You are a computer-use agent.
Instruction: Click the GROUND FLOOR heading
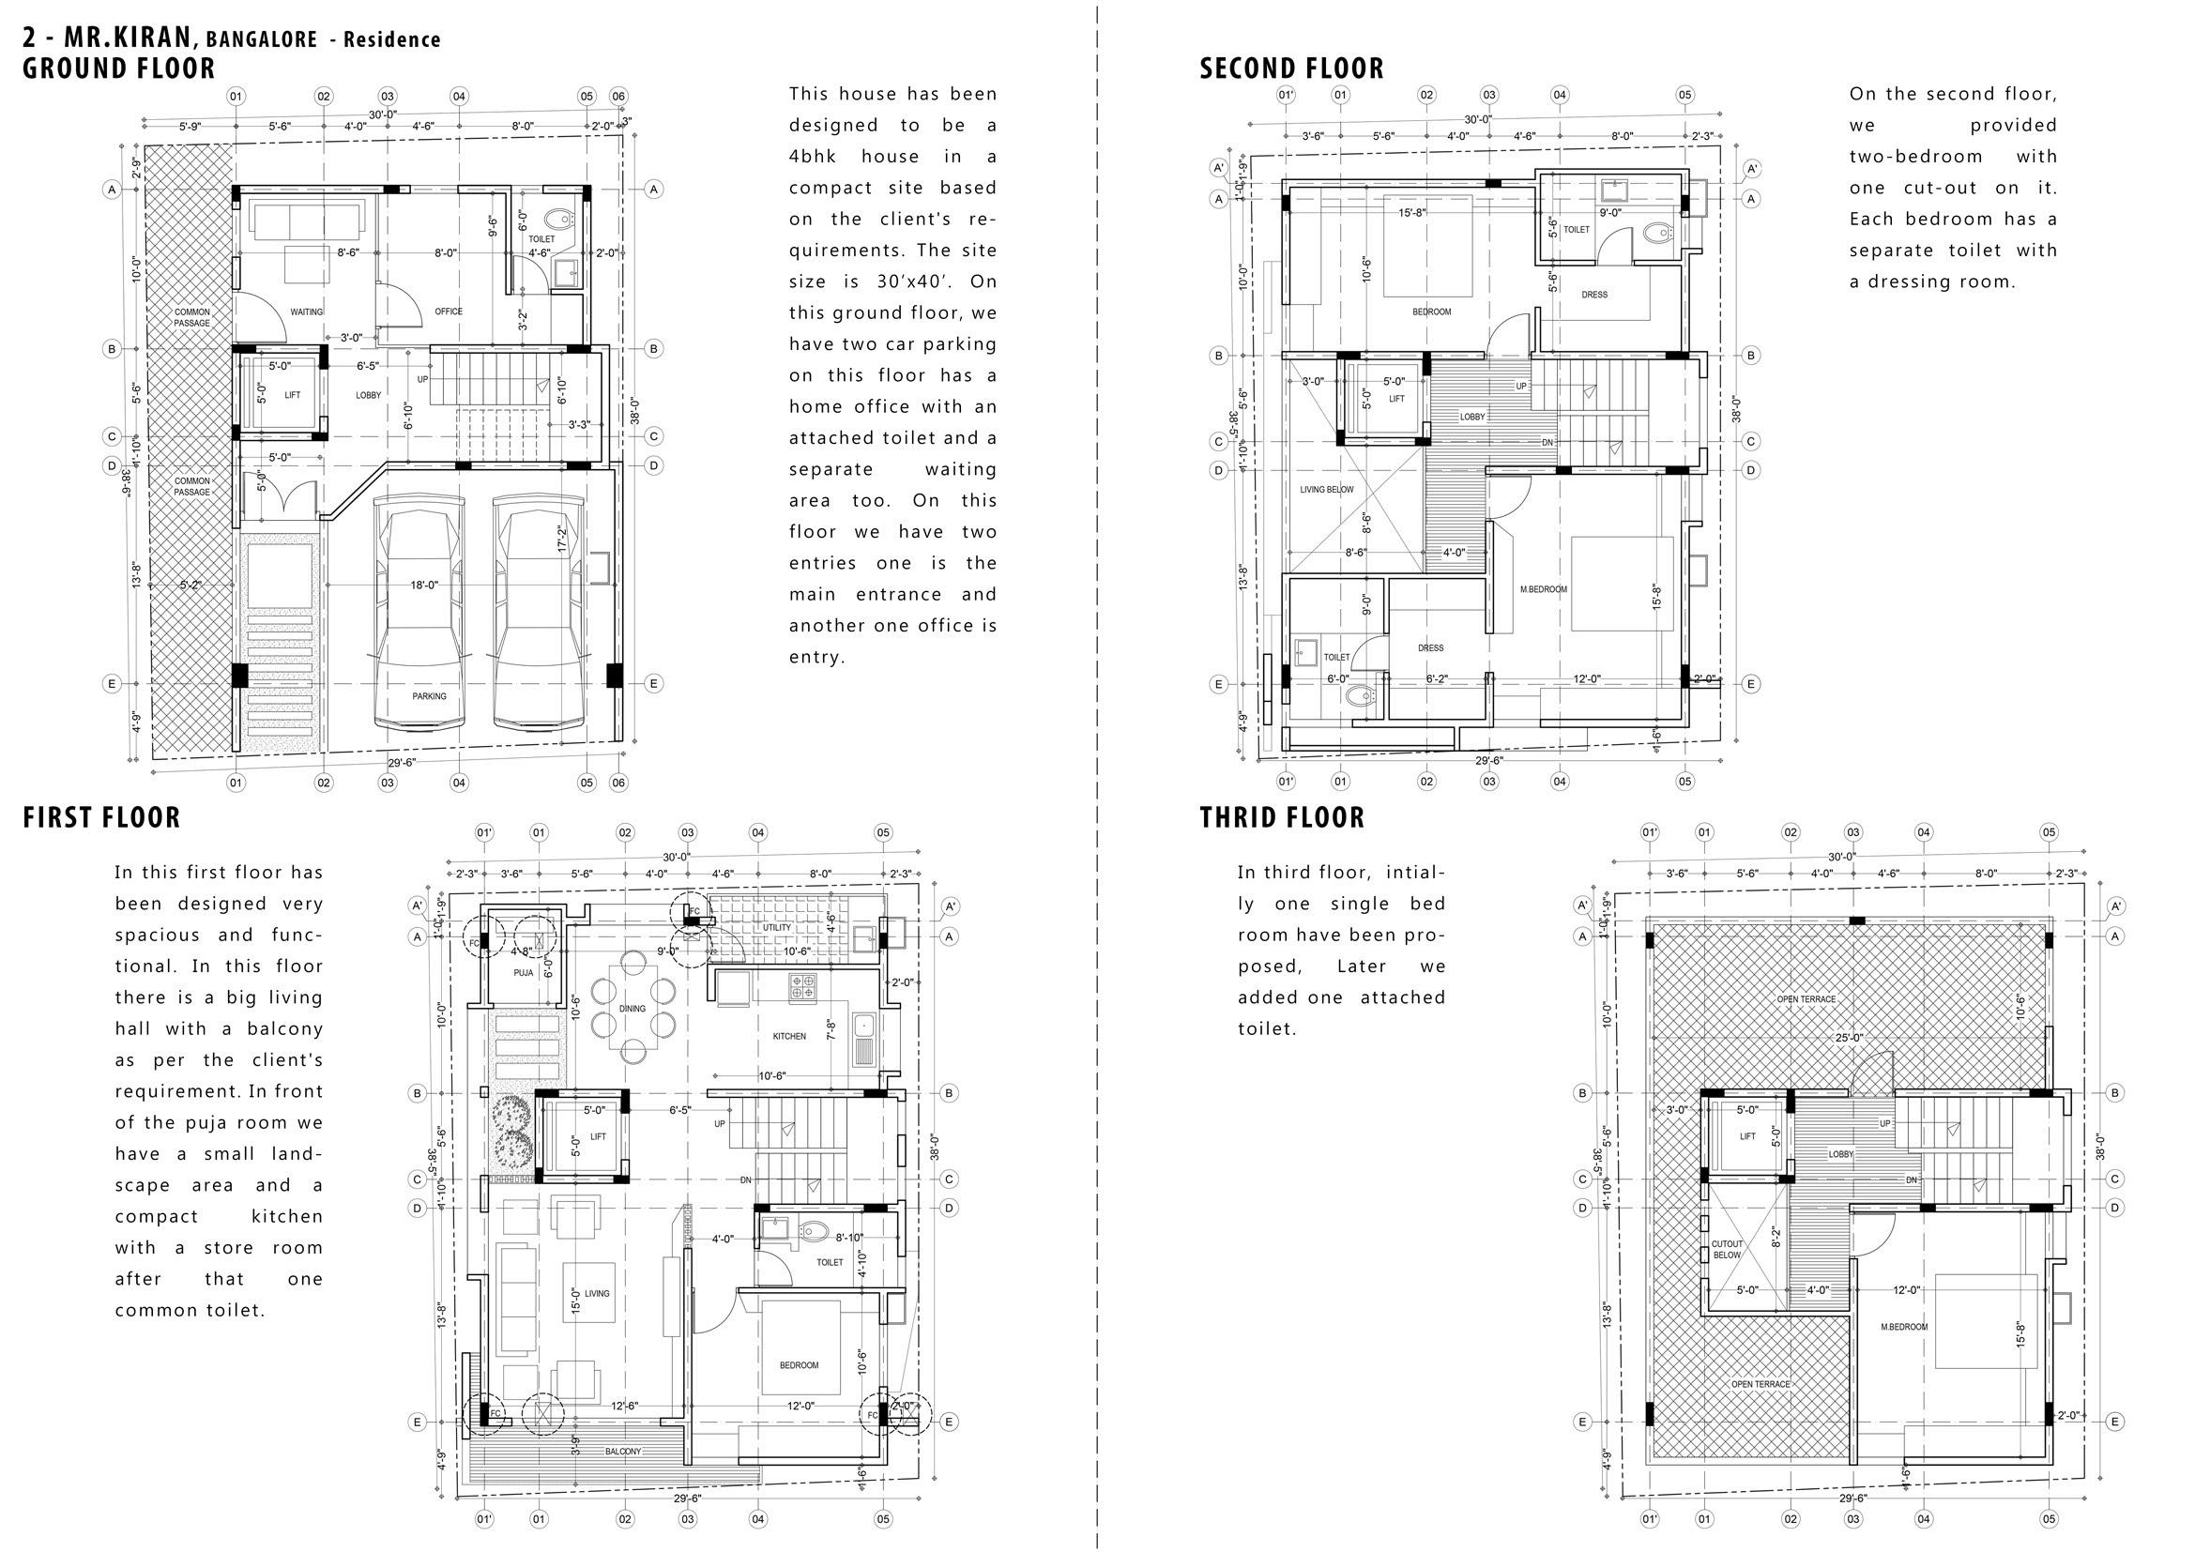click(119, 68)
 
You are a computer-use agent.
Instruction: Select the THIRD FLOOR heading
click(1282, 817)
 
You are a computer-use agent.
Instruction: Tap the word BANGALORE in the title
click(261, 40)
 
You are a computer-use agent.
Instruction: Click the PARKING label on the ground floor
click(429, 696)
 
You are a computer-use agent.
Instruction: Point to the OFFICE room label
click(449, 312)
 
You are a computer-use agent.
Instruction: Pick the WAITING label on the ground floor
click(307, 312)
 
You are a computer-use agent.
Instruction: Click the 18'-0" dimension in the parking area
click(424, 585)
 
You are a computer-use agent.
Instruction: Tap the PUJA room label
click(523, 973)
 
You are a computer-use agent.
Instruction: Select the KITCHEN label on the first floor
click(789, 1036)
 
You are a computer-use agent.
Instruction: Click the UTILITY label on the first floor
click(776, 927)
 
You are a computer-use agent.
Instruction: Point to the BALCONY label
click(623, 1452)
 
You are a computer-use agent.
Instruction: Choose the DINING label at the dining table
click(632, 1008)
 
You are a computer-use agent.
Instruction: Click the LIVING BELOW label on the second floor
click(1327, 489)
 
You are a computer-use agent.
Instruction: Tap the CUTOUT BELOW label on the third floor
click(1727, 1249)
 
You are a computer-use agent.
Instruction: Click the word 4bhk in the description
click(808, 157)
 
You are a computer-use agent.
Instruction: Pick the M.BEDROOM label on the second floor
click(1544, 589)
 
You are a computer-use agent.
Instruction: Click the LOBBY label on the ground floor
click(368, 395)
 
